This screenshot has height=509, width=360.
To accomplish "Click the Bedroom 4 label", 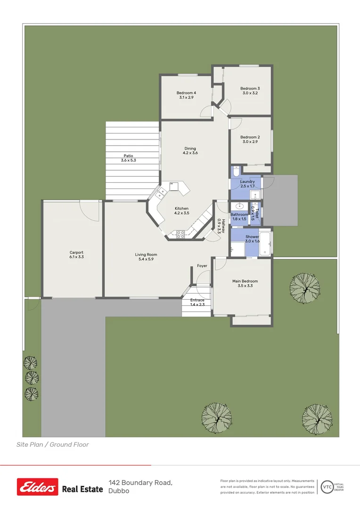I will point(186,93).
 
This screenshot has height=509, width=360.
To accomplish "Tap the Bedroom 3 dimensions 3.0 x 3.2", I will point(250,93).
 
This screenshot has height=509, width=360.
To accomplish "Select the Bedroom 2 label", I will point(250,137).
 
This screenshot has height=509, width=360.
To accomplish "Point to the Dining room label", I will point(190,148).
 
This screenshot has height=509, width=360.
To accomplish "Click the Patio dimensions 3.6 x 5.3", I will point(128,161).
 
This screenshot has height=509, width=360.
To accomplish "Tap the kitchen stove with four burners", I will point(180,234).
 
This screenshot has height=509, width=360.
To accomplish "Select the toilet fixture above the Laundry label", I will point(236,171).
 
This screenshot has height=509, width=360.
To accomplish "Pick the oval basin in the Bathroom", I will point(240,206).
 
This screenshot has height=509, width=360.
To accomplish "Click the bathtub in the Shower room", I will point(266,243).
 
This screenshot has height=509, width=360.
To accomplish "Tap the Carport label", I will point(76,253).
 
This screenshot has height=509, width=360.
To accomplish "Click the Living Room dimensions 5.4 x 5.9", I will point(146,259).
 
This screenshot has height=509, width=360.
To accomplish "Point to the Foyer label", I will point(202,266).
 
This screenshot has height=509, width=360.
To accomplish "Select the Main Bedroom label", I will point(245,281).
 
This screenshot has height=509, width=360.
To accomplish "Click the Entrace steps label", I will point(197,300).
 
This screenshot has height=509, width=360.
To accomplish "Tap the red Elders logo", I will point(38,487).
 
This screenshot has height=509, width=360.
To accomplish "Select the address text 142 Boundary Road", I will point(140,483).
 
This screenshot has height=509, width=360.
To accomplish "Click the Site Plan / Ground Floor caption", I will point(53,444).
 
